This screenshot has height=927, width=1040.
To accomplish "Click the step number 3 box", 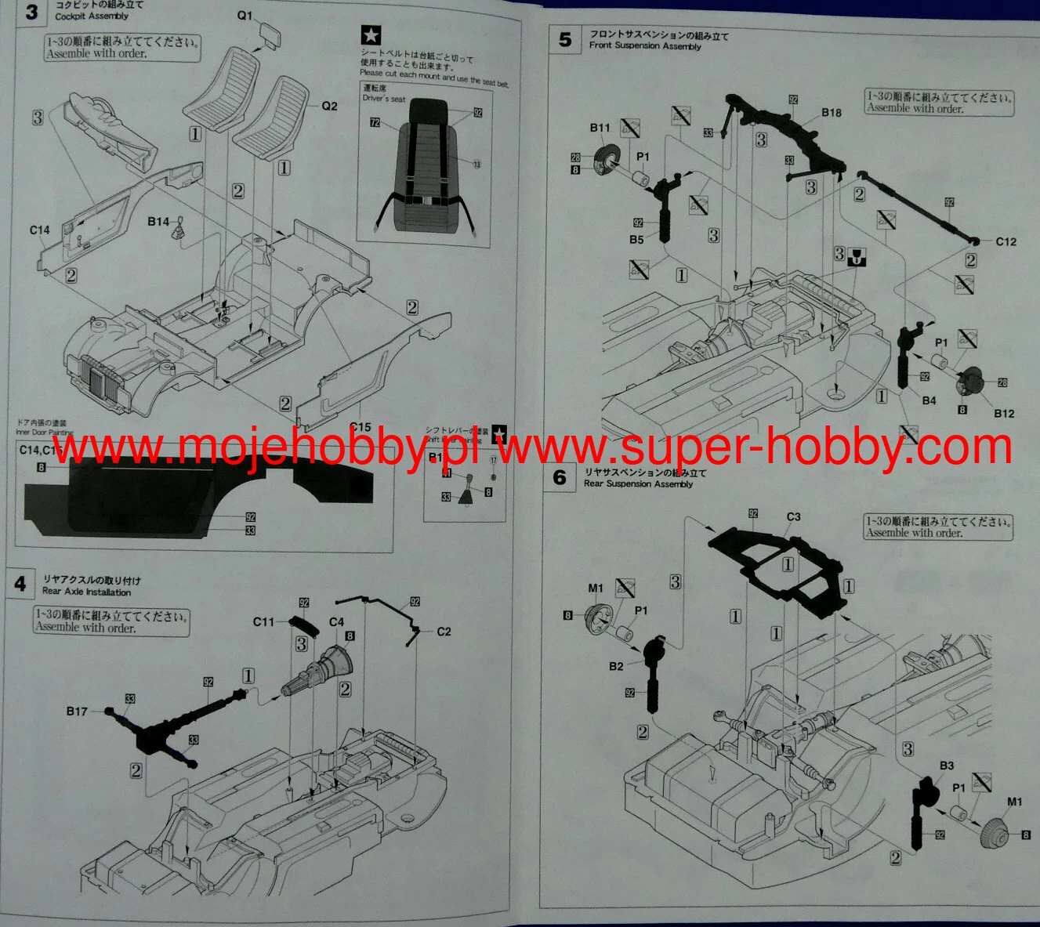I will [31, 13].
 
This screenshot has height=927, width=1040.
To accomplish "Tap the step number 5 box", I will [566, 39].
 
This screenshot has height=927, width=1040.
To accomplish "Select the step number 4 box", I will [20, 584].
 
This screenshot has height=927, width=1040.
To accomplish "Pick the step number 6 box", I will [560, 477].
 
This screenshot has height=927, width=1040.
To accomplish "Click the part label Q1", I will [245, 16].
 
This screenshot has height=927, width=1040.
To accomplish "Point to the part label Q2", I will [329, 106].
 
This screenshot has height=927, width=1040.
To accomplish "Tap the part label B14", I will [159, 222].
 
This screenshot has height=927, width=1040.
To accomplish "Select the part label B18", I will [832, 113].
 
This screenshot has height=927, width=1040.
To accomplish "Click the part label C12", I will [1006, 241].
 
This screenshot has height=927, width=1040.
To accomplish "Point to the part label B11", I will [600, 128].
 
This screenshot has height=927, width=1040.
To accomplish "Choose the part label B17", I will [77, 712].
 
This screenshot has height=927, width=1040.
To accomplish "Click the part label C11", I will [264, 622].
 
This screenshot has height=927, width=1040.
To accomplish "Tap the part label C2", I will [444, 632].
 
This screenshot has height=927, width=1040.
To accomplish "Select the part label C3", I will [793, 517].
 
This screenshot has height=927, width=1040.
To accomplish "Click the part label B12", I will [1004, 413].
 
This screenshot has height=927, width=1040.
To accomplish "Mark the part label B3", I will [946, 766].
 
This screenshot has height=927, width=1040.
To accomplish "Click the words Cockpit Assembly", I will [92, 16].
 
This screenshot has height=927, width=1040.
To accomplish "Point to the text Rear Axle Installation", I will [87, 592].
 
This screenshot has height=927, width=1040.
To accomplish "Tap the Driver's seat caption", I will [384, 99].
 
